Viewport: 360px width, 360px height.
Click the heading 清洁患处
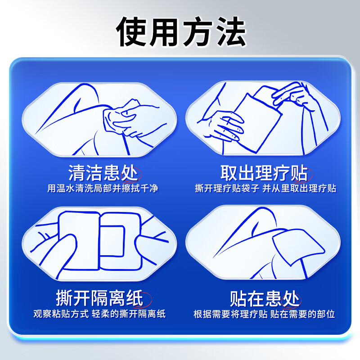pyautogui.click(x=103, y=172)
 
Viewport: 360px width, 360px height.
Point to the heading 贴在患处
pyautogui.click(x=264, y=298)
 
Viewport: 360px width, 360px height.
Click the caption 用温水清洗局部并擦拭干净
pyautogui.click(x=103, y=188)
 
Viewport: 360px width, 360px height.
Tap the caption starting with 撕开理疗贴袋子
pyautogui.click(x=265, y=188)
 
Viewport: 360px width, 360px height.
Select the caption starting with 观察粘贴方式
pyautogui.click(x=99, y=314)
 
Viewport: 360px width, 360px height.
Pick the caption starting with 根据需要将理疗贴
pyautogui.click(x=264, y=314)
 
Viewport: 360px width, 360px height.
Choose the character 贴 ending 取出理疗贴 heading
pyautogui.click(x=299, y=172)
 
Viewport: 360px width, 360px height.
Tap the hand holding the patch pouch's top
pyautogui.click(x=292, y=95)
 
